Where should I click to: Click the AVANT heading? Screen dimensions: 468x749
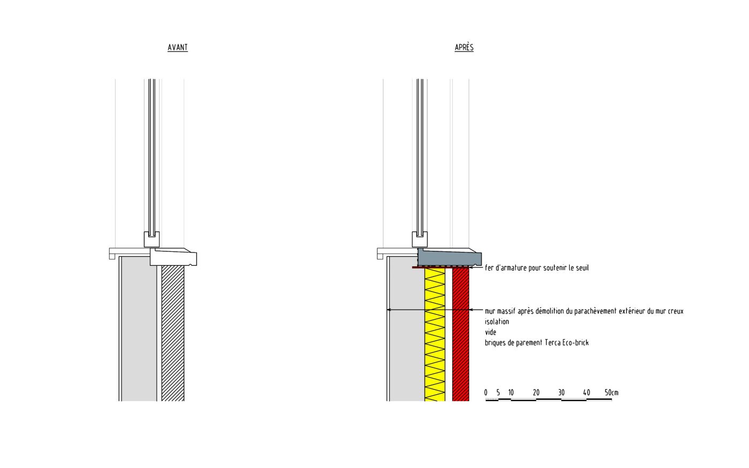[x=178, y=48]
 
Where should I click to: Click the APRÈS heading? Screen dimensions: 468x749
[x=464, y=48]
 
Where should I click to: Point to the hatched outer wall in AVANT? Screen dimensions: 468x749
[x=173, y=332]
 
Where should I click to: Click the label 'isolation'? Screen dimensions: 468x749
[x=497, y=322]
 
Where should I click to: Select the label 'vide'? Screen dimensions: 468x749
[x=491, y=332]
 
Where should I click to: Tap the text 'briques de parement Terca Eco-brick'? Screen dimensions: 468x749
[x=537, y=343]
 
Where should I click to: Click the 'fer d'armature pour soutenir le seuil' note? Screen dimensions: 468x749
[x=537, y=268]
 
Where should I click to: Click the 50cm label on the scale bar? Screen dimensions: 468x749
[x=611, y=393]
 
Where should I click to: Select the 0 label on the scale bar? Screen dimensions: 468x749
[x=486, y=393]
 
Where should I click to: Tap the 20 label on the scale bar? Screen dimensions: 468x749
[x=536, y=393]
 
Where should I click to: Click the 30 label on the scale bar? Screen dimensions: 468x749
[x=561, y=393]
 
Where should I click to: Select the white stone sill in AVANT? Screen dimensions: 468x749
[x=174, y=257]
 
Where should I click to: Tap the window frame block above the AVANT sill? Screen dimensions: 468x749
[x=150, y=239]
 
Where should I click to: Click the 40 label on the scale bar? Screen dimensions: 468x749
[x=586, y=393]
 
